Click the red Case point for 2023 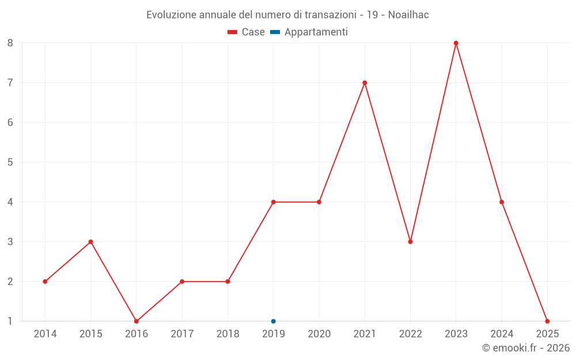point(456,43)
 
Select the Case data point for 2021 point(365,83)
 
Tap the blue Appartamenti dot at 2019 point(274,321)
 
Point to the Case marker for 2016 point(137,321)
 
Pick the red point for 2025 point(547,321)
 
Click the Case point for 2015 point(90,242)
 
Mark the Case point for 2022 point(410,242)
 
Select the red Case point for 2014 point(45,282)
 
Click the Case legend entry point(246,32)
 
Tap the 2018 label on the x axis point(228,334)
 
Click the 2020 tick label point(319,334)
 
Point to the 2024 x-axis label point(502,334)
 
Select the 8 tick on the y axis point(10,43)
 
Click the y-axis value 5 point(10,162)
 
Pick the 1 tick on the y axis point(10,321)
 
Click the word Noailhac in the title point(408,15)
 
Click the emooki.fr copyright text point(526,348)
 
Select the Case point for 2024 point(502,202)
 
